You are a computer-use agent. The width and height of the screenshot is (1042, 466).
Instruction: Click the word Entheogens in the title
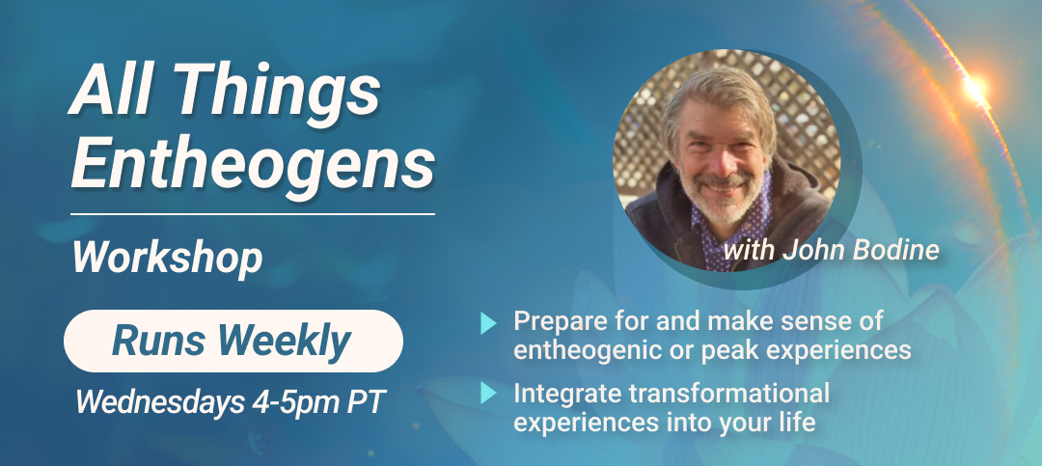[253, 163]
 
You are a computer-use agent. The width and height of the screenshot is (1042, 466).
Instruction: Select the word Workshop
[168, 258]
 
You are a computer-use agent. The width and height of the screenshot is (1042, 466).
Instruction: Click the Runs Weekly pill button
[233, 341]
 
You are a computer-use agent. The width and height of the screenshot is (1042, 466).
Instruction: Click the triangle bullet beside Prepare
[488, 323]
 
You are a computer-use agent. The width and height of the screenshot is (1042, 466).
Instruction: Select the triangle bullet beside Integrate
[488, 394]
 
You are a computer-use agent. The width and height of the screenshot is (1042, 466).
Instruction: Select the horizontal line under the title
[253, 214]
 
